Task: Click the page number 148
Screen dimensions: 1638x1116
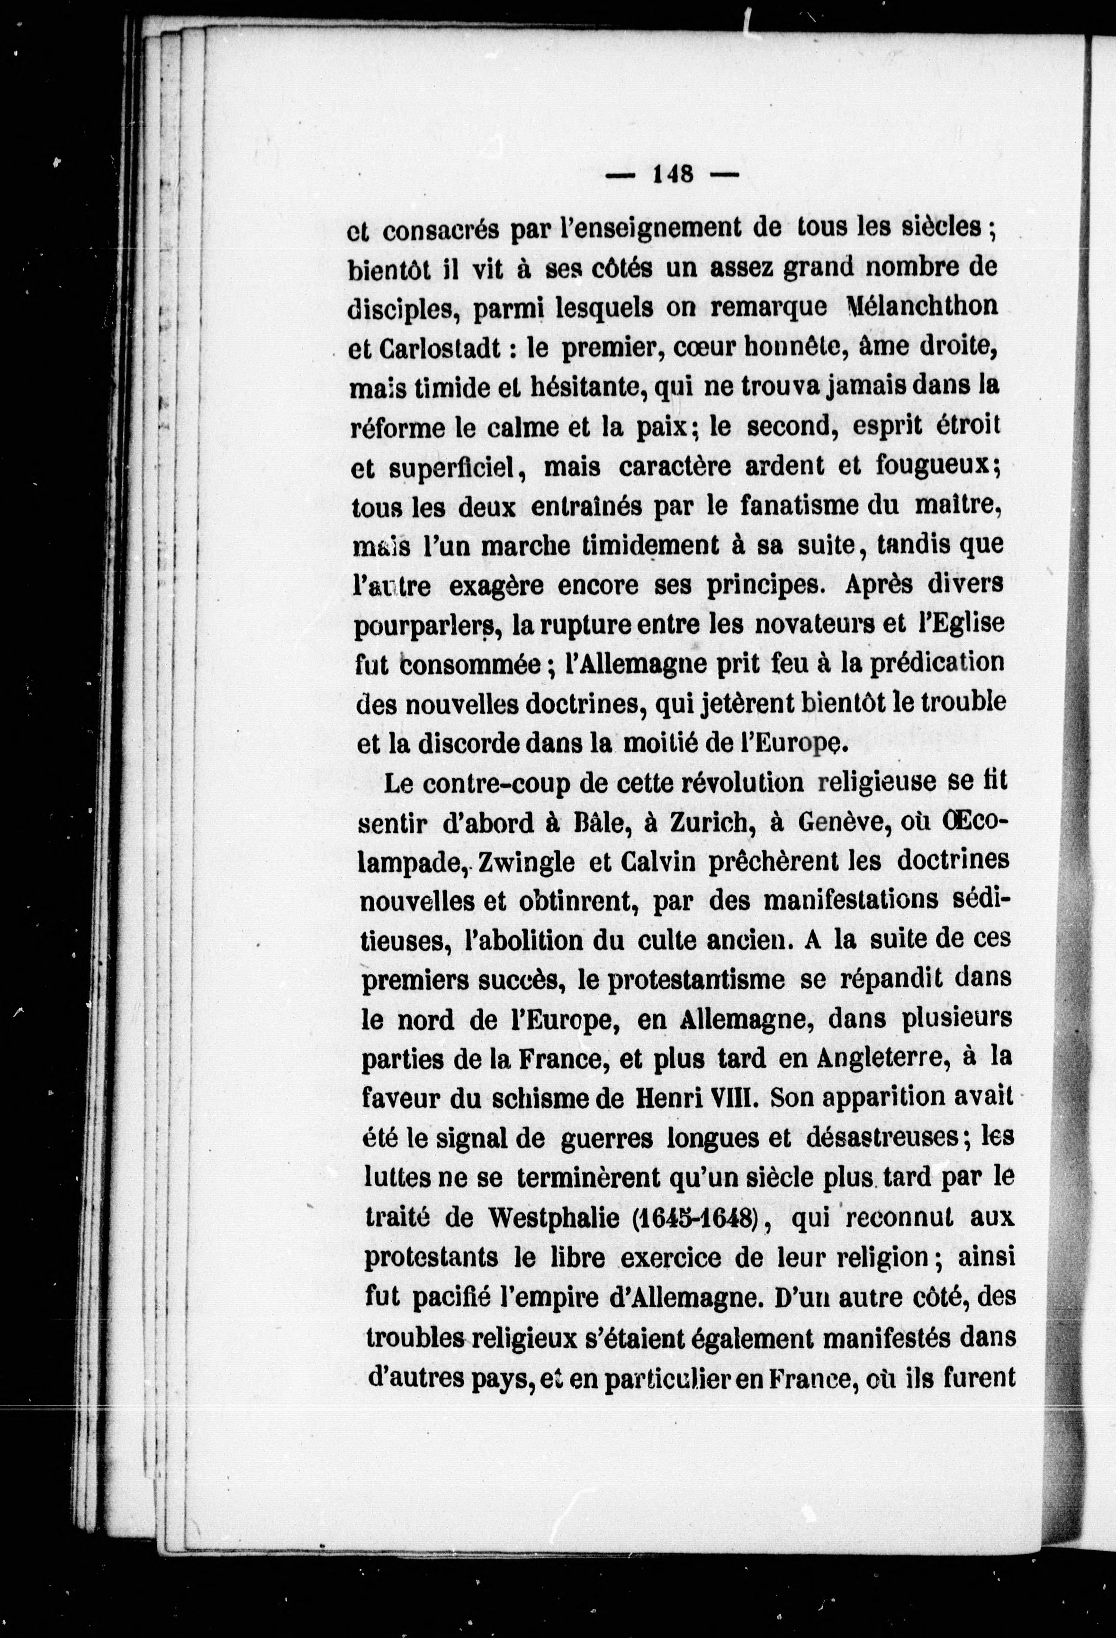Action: coord(673,173)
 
